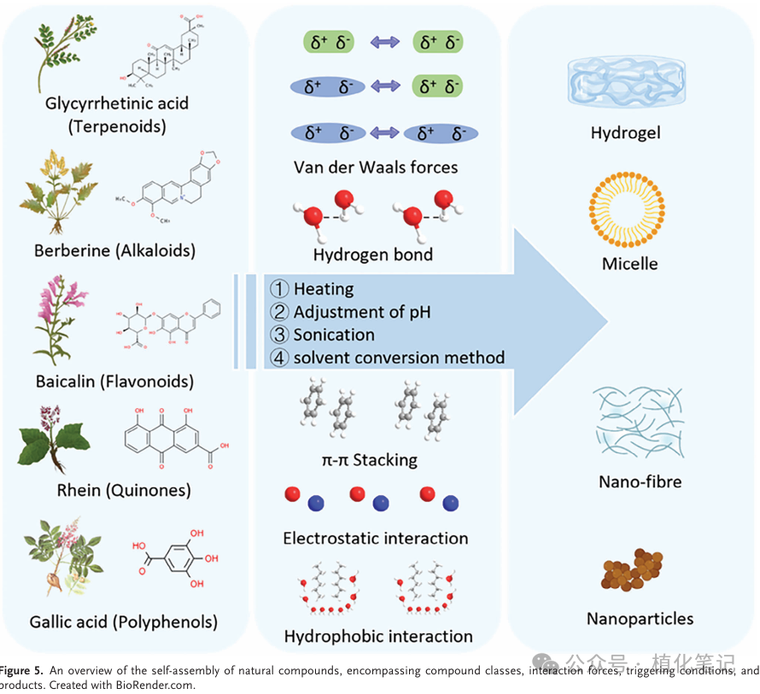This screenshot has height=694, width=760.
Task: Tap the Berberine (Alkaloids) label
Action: coord(115,250)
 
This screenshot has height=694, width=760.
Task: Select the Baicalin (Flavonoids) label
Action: coord(114,381)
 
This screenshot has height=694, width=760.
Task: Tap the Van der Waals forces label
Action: coord(376,167)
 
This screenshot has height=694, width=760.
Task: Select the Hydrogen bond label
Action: coord(372,254)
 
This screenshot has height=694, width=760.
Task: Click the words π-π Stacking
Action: coord(370,460)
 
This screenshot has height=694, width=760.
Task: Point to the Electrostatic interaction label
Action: coord(376,539)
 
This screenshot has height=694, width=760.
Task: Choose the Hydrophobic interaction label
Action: coord(377,636)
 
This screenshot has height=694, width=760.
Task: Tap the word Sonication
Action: coord(334,335)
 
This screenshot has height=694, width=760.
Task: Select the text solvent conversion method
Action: coord(399,358)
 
